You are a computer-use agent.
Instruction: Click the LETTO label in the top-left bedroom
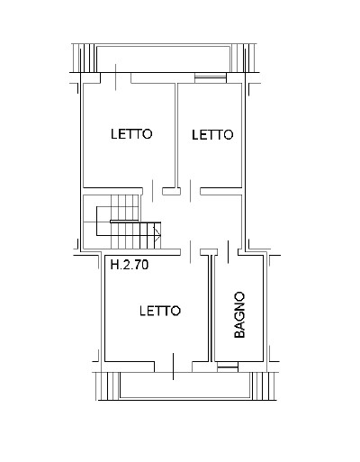(x=131, y=134)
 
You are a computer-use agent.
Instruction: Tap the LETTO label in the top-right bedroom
(x=212, y=135)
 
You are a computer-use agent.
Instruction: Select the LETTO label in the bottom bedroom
(x=160, y=311)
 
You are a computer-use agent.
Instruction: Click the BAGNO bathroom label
(x=239, y=315)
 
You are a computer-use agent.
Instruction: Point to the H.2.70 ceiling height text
(x=130, y=265)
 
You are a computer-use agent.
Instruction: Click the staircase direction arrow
(x=157, y=233)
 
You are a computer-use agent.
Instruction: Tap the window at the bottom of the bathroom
(x=228, y=367)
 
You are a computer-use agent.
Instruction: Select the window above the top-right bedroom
(x=210, y=78)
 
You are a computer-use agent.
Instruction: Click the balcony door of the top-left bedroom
(x=116, y=77)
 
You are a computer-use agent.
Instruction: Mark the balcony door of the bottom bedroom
(x=173, y=367)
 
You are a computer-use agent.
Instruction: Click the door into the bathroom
(x=228, y=251)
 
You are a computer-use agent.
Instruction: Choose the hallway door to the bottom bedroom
(x=190, y=251)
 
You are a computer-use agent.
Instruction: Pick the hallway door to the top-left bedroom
(x=153, y=191)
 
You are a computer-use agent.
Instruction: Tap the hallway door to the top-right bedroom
(x=190, y=191)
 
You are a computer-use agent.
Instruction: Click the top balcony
(x=164, y=59)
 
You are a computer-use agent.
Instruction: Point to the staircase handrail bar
(x=125, y=222)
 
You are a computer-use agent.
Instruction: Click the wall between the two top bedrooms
(x=176, y=135)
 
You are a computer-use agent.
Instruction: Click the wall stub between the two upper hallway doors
(x=172, y=191)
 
